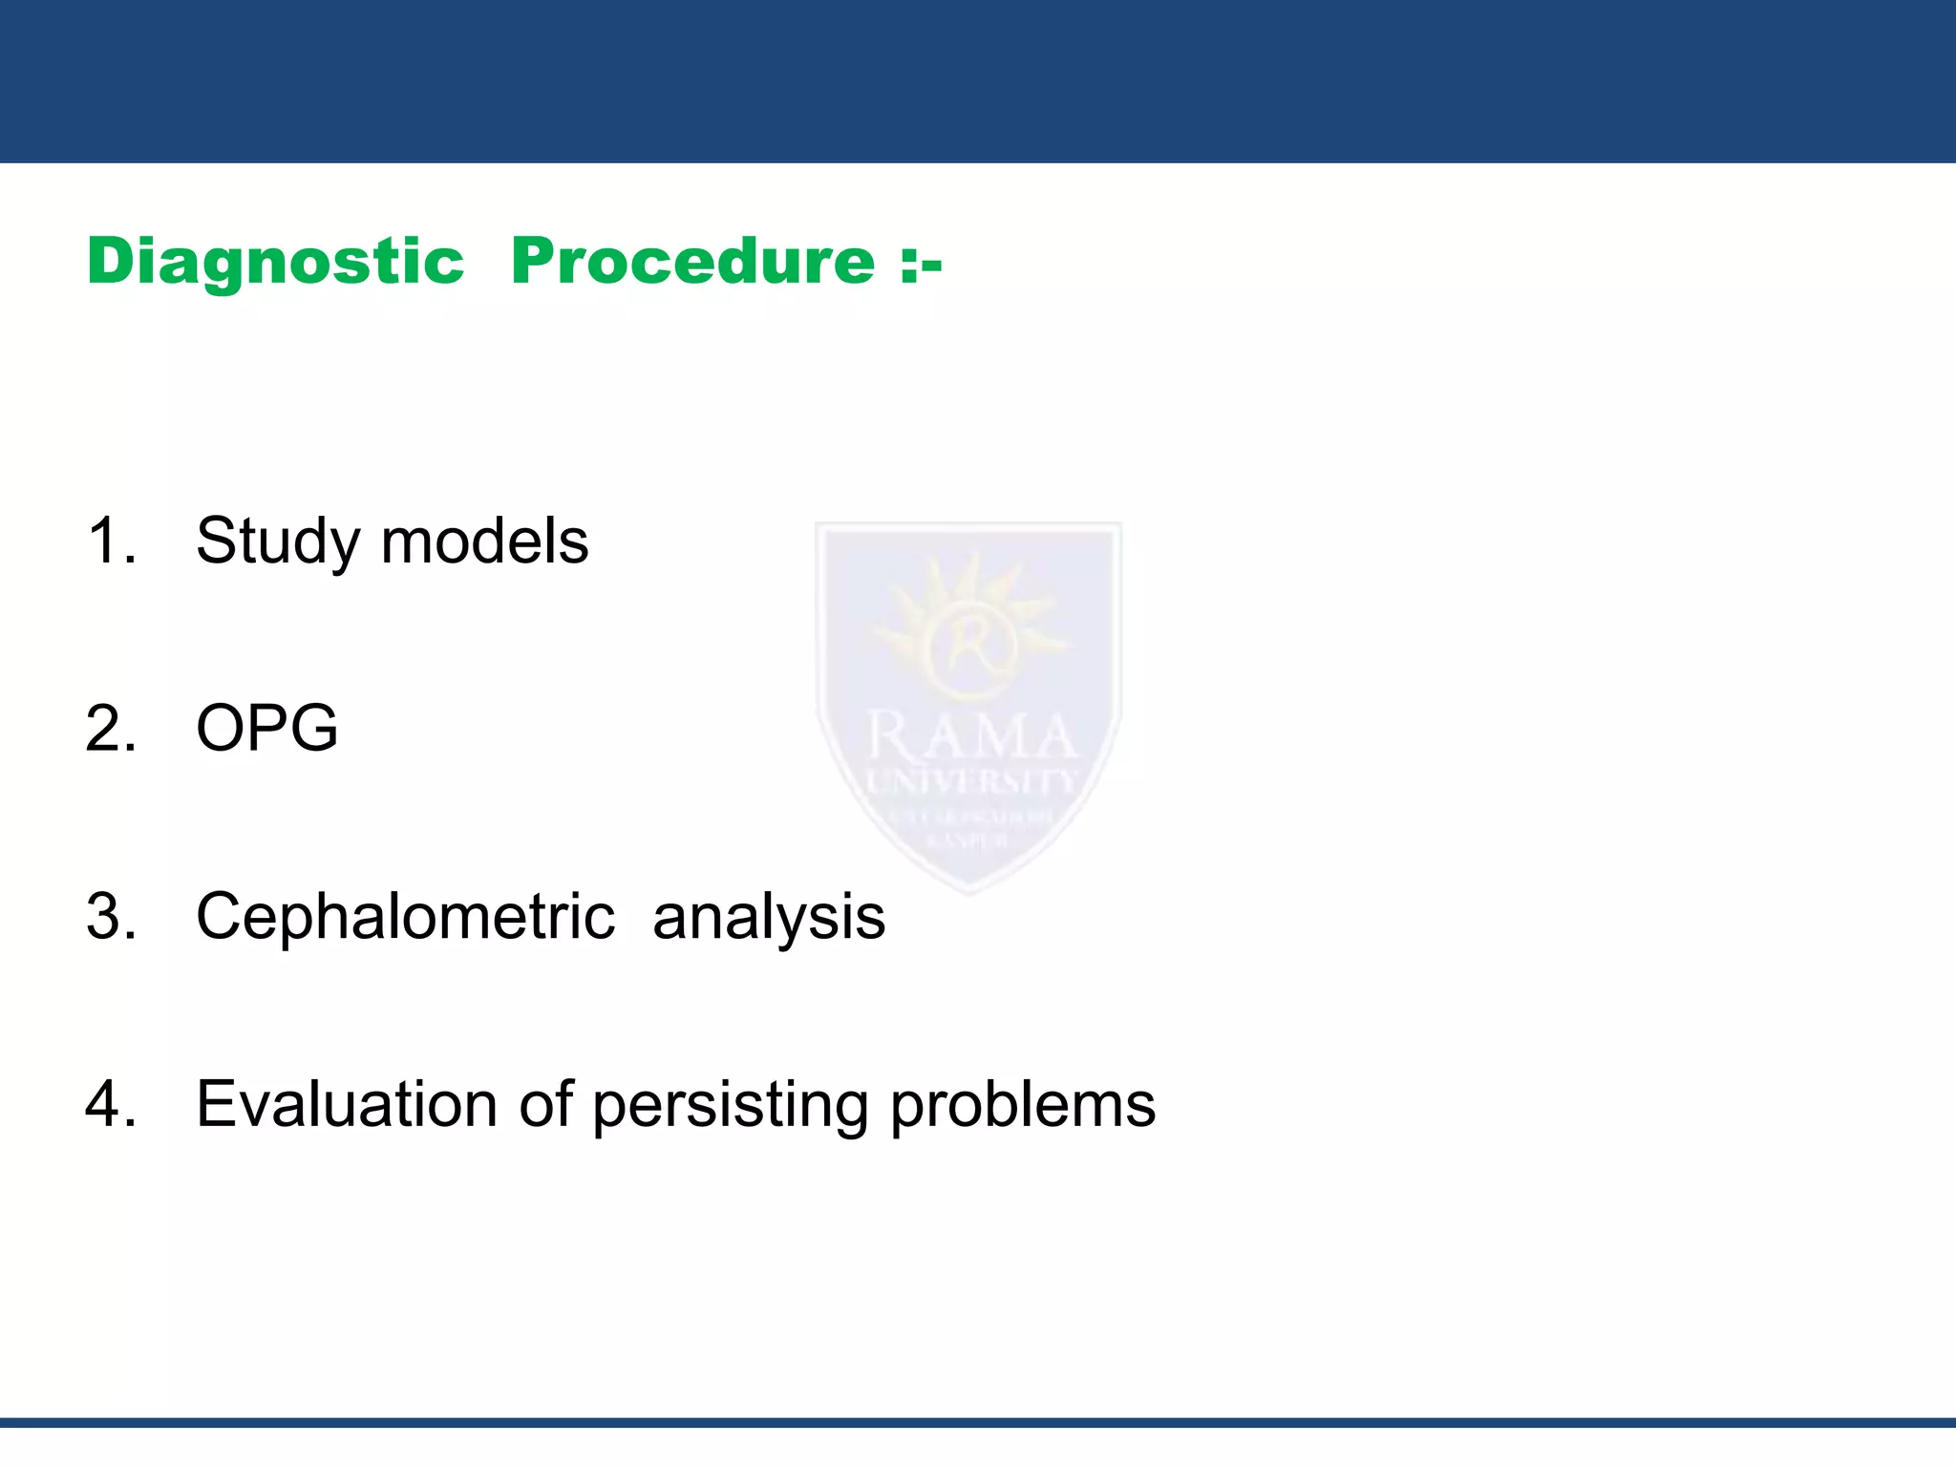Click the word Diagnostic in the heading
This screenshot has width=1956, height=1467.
275,262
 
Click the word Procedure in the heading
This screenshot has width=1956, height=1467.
692,262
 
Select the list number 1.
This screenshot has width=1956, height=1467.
111,541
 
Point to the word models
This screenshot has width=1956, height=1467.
484,541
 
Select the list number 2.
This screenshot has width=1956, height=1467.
111,729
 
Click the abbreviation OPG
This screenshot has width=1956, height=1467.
266,729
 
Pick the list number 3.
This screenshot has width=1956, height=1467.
111,916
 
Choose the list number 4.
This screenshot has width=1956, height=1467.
111,1104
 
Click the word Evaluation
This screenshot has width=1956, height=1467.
347,1104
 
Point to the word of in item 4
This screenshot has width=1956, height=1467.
545,1104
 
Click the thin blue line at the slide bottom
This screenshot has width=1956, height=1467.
978,1422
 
